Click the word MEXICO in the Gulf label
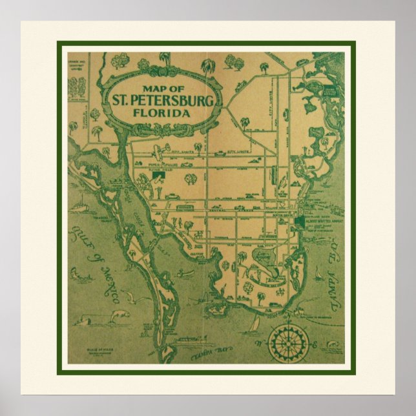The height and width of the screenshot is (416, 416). [x=107, y=284]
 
